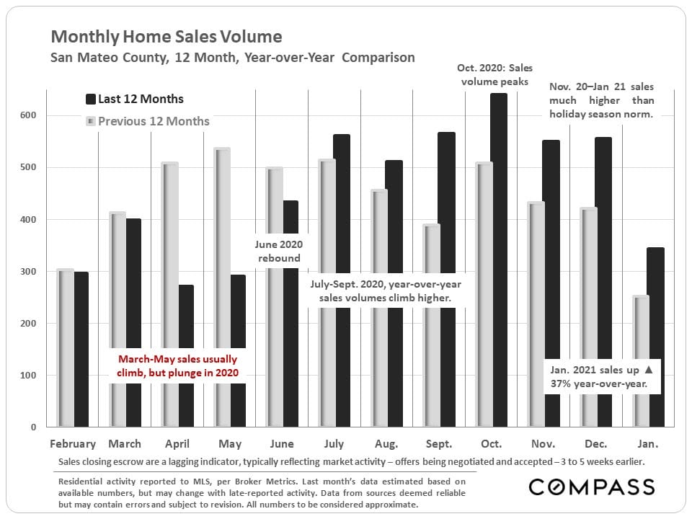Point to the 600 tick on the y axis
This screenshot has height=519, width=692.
pos(36,115)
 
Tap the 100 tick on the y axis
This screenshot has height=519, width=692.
pos(36,376)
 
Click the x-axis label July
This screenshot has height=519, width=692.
pos(334,443)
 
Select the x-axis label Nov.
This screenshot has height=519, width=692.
pos(544,443)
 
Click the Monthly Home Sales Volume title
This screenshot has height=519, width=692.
pos(167,36)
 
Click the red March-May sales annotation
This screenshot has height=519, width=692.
pos(177,365)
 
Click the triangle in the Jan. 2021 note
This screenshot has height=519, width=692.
pos(647,369)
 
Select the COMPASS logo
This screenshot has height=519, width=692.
pos(592,487)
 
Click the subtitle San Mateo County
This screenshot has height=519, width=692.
pos(232,57)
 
